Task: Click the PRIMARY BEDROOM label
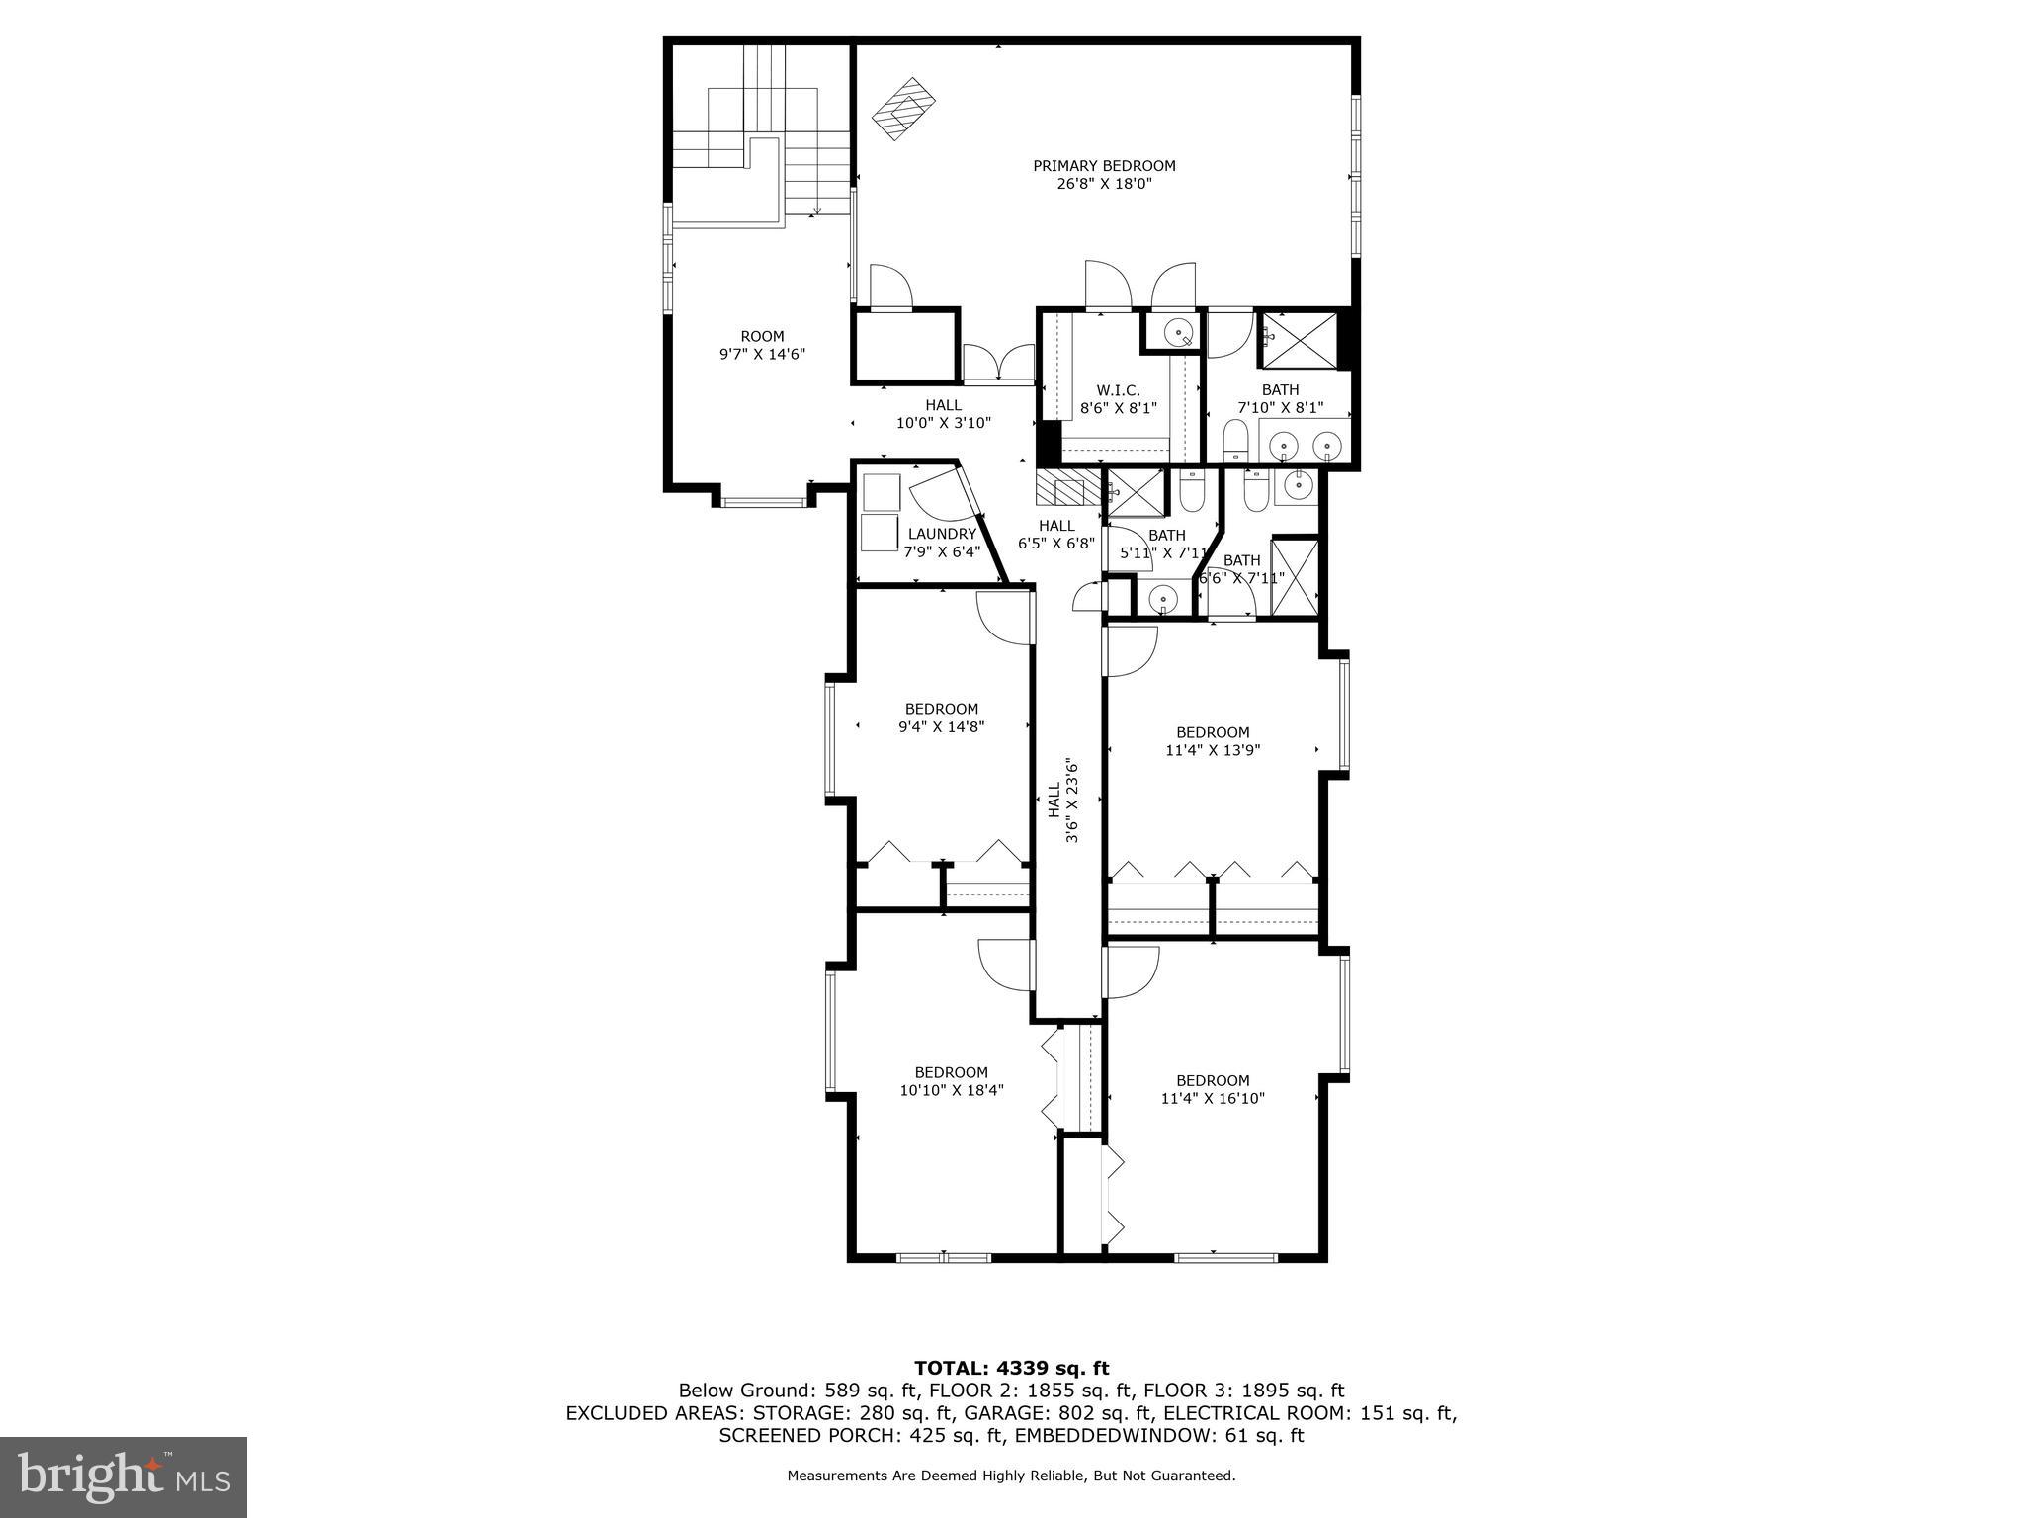(1104, 166)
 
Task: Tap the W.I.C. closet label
(1118, 390)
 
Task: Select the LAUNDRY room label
(942, 534)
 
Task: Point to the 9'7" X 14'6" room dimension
(762, 354)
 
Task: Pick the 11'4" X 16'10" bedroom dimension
(1213, 1098)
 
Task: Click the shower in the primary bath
(1302, 340)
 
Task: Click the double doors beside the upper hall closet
(997, 363)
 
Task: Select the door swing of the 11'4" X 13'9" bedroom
(1131, 651)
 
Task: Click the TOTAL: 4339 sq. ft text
(1011, 1368)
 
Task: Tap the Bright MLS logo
(124, 1476)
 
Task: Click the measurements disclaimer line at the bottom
(1011, 1476)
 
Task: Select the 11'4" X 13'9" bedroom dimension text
(1213, 750)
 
